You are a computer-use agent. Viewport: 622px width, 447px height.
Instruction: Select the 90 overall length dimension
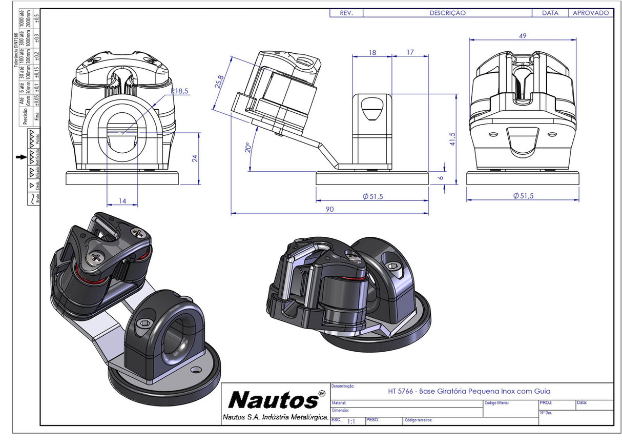[x=330, y=209]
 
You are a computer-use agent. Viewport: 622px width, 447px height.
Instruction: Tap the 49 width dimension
[x=523, y=36]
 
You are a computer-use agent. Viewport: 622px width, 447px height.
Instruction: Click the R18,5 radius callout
[x=179, y=91]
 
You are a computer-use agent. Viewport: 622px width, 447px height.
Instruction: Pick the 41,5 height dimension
[x=452, y=139]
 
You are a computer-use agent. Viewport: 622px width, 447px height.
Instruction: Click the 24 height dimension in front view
[x=195, y=158]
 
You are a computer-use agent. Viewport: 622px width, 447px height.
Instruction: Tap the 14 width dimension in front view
[x=122, y=201]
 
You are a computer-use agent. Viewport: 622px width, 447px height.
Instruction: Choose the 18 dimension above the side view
[x=372, y=53]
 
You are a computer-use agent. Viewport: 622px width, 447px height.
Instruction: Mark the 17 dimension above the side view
[x=410, y=53]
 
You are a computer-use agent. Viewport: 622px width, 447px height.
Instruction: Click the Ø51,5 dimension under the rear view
[x=523, y=196]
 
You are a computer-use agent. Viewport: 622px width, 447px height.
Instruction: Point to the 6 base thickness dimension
[x=441, y=177]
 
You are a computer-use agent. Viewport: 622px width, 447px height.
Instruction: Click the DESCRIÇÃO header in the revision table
[x=447, y=13]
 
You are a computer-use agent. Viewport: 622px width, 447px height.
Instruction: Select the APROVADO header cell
[x=590, y=13]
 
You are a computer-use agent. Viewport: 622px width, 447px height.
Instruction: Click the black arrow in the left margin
[x=20, y=157]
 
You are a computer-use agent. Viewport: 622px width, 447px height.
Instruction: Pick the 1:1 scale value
[x=351, y=421]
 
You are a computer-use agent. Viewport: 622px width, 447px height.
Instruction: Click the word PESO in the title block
[x=372, y=419]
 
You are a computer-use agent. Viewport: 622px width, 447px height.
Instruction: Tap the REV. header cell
[x=346, y=13]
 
